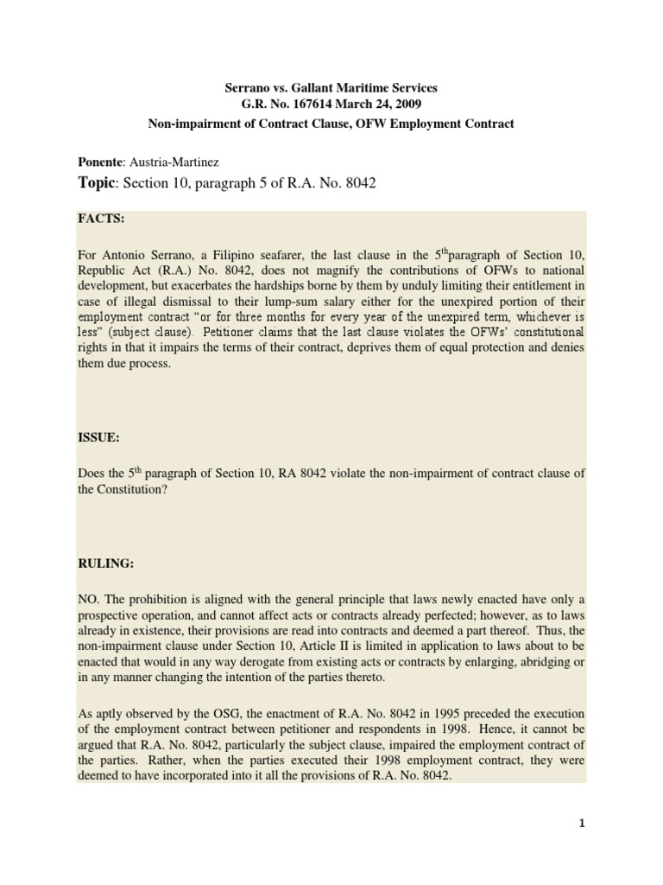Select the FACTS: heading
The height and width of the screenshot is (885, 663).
click(101, 220)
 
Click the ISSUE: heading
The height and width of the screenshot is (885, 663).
click(98, 438)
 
